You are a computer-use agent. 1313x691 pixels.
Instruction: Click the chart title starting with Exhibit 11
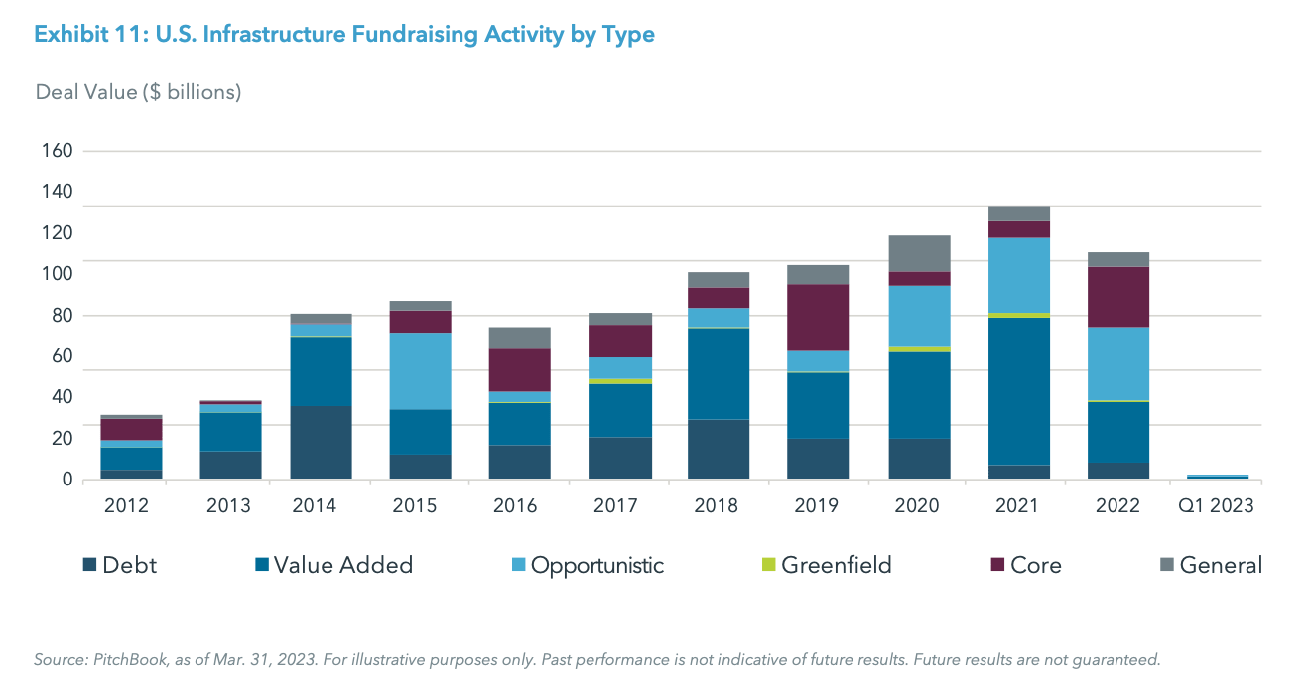click(x=344, y=35)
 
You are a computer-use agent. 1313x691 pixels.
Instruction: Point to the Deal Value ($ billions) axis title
click(x=138, y=92)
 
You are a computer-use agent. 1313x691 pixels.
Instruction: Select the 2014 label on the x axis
click(x=315, y=505)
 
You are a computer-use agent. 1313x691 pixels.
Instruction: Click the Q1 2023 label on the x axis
click(x=1217, y=505)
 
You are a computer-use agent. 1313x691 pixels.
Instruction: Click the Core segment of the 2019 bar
click(x=817, y=317)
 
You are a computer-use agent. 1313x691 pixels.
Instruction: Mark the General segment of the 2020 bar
click(x=917, y=253)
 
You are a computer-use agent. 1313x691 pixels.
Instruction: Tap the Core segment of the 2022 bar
click(x=1117, y=296)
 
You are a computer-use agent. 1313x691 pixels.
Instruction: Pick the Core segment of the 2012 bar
click(x=131, y=429)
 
